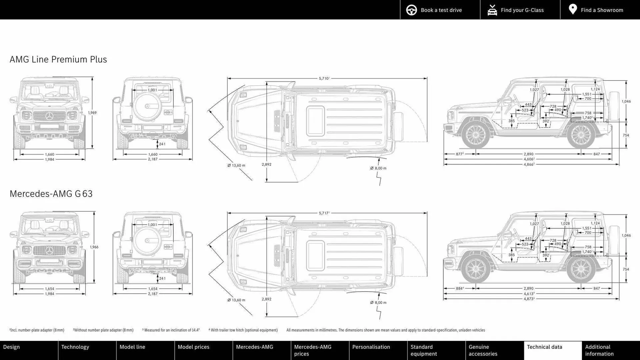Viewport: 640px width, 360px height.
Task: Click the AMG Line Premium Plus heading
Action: click(x=58, y=59)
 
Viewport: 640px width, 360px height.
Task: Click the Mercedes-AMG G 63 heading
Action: click(x=51, y=194)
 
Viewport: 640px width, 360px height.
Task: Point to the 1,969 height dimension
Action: click(x=92, y=113)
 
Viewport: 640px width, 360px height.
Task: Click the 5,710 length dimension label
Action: click(x=324, y=78)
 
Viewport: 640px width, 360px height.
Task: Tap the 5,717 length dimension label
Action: click(x=324, y=213)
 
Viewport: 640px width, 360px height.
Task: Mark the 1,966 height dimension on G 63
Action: click(x=94, y=247)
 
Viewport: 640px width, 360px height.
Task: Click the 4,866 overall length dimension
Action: click(x=529, y=164)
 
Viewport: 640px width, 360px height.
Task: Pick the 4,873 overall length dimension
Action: click(x=529, y=299)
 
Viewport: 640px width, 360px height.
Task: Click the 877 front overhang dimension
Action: click(x=459, y=154)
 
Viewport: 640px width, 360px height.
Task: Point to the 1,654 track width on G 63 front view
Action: click(x=49, y=289)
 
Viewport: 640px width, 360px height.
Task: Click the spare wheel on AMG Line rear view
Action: click(x=147, y=106)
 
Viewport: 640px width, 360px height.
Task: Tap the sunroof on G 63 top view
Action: click(x=315, y=256)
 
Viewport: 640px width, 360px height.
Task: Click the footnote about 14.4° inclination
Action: click(x=171, y=330)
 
